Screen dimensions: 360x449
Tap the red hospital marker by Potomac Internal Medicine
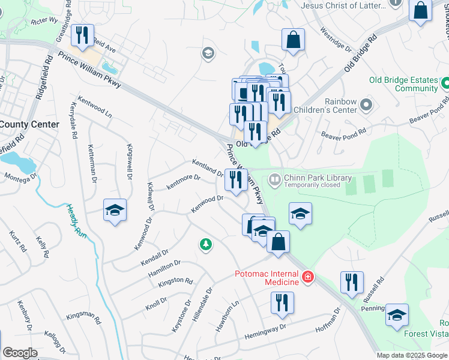(307, 277)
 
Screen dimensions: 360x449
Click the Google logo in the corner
(20, 353)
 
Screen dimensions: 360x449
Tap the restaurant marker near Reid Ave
(82, 35)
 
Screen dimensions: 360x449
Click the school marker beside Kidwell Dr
(115, 211)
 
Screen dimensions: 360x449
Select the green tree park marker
(206, 244)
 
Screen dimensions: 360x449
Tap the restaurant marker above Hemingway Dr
(282, 303)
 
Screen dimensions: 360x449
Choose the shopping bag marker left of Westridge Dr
(293, 40)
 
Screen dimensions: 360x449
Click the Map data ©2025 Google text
(411, 355)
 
